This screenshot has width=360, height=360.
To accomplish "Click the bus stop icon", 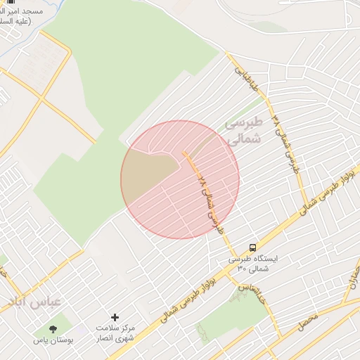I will point(252,247).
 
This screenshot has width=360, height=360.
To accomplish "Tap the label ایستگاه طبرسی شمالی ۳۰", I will point(252,264).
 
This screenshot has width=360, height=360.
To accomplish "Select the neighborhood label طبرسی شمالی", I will point(243,131).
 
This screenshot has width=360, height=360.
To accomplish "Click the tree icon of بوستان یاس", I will point(53,328).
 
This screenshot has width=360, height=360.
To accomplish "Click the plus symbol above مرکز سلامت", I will point(115,318).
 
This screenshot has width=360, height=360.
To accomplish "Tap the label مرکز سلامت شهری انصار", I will point(117,334).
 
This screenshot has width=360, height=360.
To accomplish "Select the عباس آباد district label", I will point(34,302).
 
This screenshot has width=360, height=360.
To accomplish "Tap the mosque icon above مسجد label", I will point(10,2).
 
